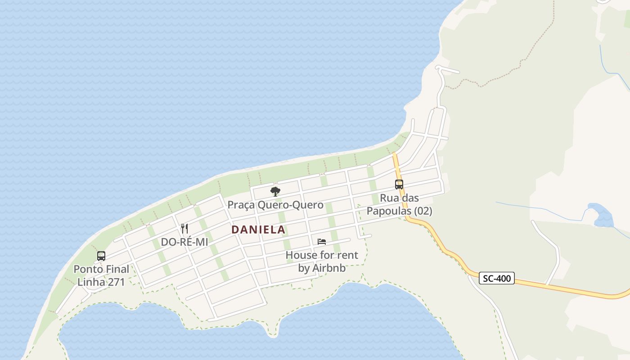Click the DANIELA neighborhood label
tap(258, 229)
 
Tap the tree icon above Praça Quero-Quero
tap(275, 192)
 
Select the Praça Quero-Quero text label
tap(275, 205)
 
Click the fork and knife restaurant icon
tap(184, 228)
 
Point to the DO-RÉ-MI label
tap(184, 242)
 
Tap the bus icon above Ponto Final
tap(101, 256)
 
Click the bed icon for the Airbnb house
tap(321, 242)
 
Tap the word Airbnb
tap(329, 268)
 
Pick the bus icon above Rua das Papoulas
tap(399, 184)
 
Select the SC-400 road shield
tap(496, 278)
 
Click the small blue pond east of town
tap(602, 216)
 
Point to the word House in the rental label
tap(301, 255)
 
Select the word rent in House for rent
tap(348, 255)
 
